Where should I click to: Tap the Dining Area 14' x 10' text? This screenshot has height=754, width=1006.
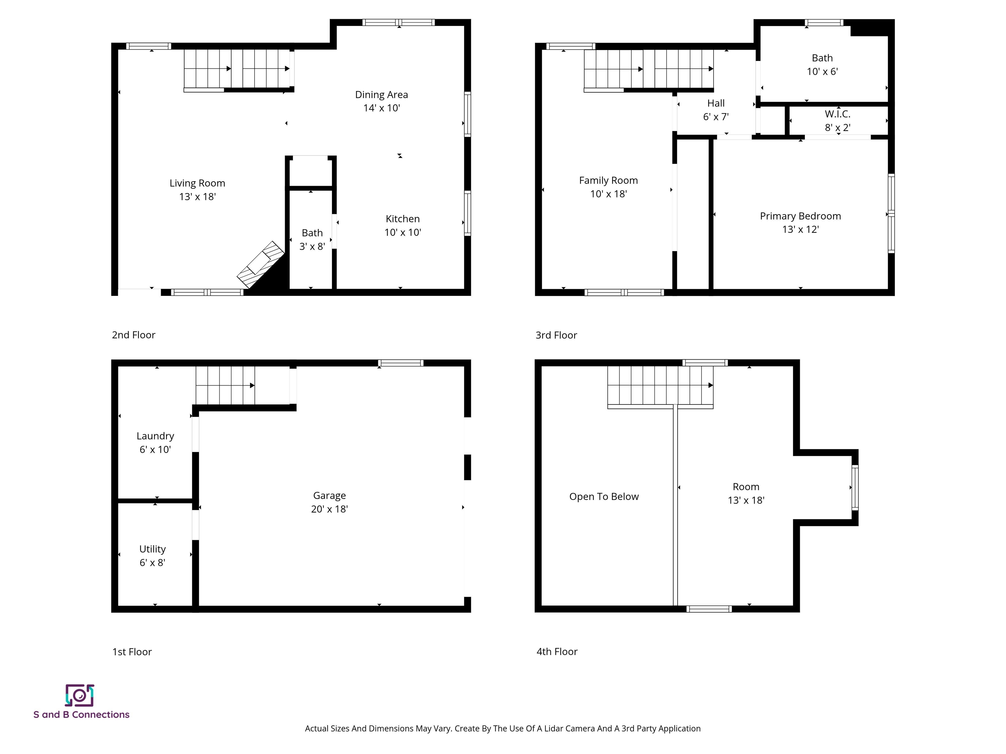click(x=381, y=101)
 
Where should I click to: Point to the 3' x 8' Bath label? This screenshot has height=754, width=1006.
click(x=312, y=240)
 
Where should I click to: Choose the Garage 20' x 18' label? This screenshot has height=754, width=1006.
click(x=329, y=502)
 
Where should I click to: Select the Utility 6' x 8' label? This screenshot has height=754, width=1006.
click(x=152, y=555)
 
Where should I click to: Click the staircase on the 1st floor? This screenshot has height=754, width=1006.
click(x=225, y=386)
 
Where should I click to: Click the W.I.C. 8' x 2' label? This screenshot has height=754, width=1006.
click(x=837, y=120)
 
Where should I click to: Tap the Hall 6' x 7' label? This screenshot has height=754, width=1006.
click(x=716, y=110)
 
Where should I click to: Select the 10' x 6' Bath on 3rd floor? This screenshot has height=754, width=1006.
click(x=822, y=64)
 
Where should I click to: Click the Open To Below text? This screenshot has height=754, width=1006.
click(x=604, y=496)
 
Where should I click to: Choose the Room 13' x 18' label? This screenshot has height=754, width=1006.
click(x=746, y=493)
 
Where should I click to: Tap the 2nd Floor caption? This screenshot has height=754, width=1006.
click(x=133, y=335)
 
